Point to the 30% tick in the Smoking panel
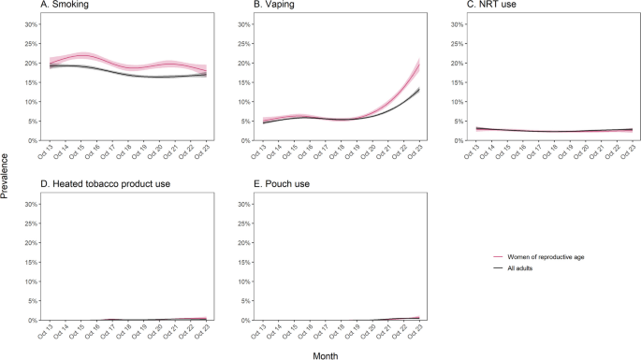[31, 24]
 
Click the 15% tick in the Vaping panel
[244, 82]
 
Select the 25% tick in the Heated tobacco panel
[31, 223]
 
